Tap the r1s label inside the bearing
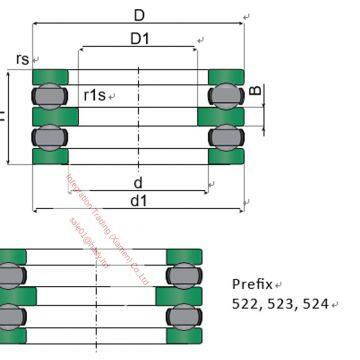click(x=95, y=94)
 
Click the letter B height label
click(x=255, y=94)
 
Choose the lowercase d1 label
click(x=139, y=201)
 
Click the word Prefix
click(x=253, y=283)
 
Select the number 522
click(x=246, y=303)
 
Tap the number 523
click(x=280, y=303)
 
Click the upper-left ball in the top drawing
click(x=47, y=96)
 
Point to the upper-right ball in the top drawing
click(x=221, y=96)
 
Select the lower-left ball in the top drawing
click(x=47, y=136)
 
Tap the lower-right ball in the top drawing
click(x=221, y=136)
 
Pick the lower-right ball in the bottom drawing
click(x=180, y=317)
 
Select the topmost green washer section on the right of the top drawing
click(x=225, y=77)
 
